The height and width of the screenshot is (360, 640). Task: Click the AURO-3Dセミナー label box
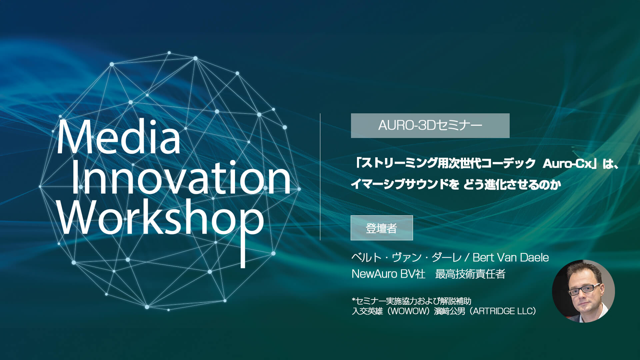pos(430,126)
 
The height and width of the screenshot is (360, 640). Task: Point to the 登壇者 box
pos(382,228)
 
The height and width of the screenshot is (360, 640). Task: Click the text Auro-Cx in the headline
pos(567,164)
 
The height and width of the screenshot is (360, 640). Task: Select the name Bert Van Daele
pos(511,257)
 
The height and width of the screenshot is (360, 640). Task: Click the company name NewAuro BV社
pos(389,274)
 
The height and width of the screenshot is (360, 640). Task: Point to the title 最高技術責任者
pos(470,274)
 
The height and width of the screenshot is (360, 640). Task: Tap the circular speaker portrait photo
pos(583,291)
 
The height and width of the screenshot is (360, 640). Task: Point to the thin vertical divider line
pos(320,177)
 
